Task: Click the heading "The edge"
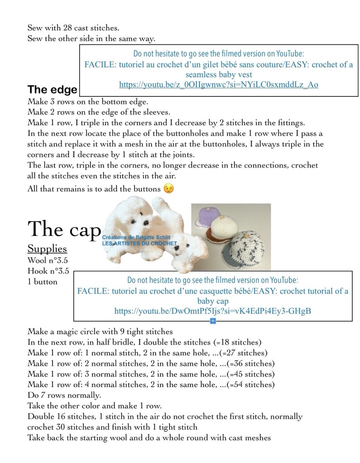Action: [52, 89]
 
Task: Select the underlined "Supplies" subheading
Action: [47, 249]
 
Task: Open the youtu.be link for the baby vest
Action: [218, 85]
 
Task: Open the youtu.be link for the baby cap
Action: [213, 311]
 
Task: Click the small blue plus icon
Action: [213, 321]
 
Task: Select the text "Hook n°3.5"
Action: [48, 271]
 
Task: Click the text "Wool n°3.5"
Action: [48, 260]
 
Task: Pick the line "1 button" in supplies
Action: [43, 282]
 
